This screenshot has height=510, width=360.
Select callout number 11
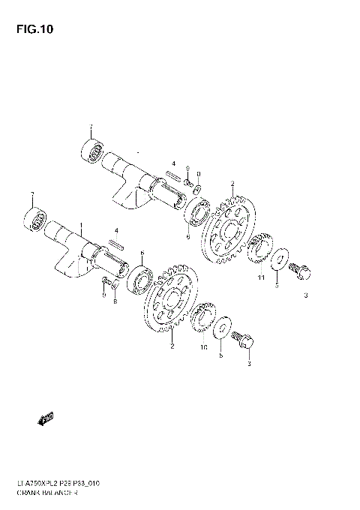click(260, 278)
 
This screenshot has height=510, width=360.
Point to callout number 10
click(203, 349)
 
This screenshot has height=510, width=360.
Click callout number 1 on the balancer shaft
click(82, 226)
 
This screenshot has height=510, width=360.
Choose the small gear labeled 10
click(203, 318)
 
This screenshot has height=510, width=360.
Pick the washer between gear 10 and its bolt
click(223, 331)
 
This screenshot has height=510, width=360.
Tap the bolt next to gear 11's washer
click(301, 269)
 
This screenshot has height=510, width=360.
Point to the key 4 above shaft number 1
click(115, 242)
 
